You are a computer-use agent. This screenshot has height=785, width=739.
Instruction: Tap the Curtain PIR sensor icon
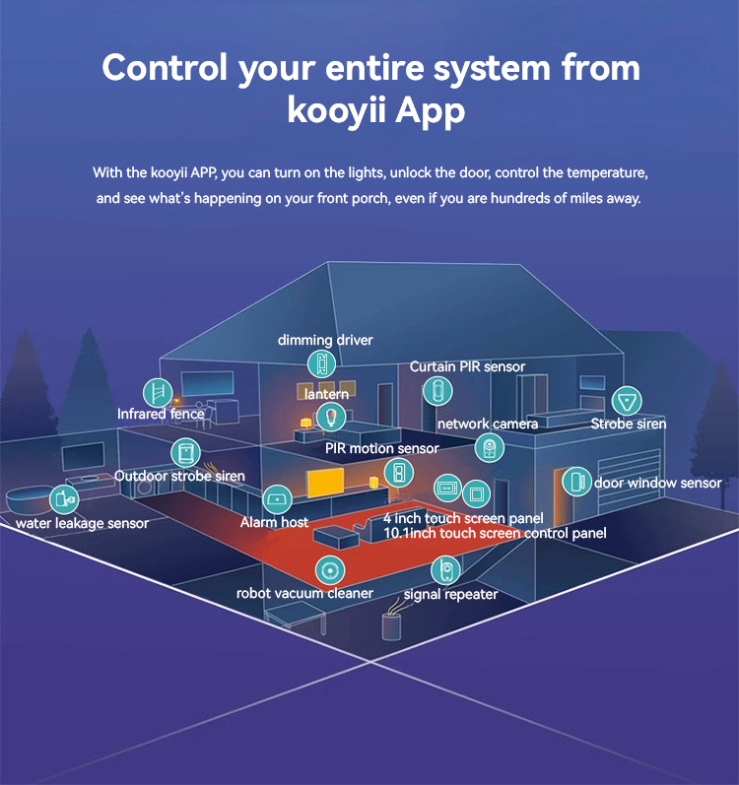(x=434, y=390)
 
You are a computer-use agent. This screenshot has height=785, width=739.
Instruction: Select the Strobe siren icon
(x=625, y=401)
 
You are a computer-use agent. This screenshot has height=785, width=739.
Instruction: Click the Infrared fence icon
(x=157, y=393)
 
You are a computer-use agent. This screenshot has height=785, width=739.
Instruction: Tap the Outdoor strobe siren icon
(x=183, y=453)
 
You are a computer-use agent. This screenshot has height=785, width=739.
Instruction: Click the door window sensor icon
(x=574, y=482)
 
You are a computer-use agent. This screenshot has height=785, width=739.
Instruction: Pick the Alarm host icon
(x=277, y=498)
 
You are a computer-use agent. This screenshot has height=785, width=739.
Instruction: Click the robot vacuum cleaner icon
(x=328, y=569)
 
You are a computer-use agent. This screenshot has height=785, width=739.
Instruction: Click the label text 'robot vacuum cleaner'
(x=304, y=593)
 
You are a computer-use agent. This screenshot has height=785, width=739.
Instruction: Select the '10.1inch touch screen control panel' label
(x=495, y=533)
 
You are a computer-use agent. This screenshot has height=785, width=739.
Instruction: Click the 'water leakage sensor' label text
(x=82, y=523)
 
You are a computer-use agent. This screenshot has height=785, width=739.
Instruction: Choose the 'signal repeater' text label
(x=450, y=594)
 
